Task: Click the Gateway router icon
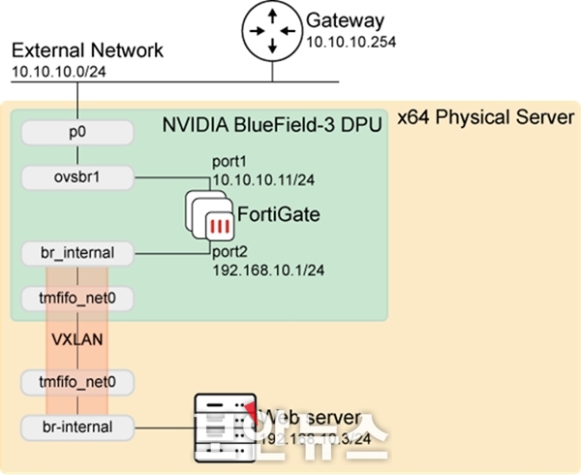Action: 271,30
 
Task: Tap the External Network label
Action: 87,51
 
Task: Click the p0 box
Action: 76,130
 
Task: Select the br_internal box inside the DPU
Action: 76,254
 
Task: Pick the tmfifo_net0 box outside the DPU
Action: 76,383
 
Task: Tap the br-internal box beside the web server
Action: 76,426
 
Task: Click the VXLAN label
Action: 76,341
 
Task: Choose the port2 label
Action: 232,252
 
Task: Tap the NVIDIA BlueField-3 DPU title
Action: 272,125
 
